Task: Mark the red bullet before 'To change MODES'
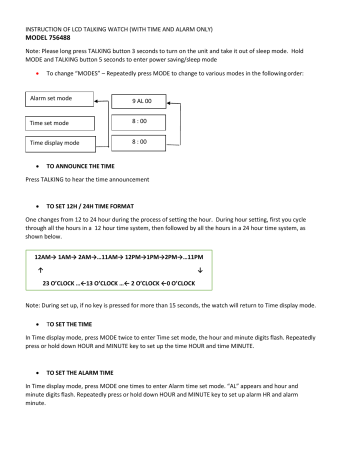pyautogui.click(x=37, y=75)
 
